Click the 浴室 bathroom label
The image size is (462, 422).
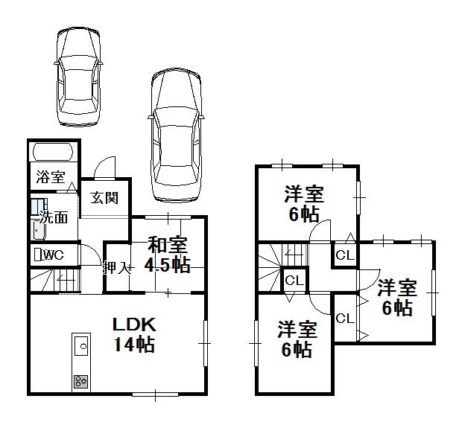[49, 179]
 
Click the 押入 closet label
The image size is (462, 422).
[116, 268]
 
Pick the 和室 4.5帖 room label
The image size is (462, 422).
[168, 255]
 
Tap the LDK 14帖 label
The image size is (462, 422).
[133, 334]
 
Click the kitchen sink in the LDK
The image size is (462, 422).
[81, 345]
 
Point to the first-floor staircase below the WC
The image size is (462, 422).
[56, 281]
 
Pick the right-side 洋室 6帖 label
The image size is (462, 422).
[394, 297]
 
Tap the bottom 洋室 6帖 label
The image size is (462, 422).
[297, 339]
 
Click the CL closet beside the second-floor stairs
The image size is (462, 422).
[294, 281]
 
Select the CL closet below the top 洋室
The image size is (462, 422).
[344, 255]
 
